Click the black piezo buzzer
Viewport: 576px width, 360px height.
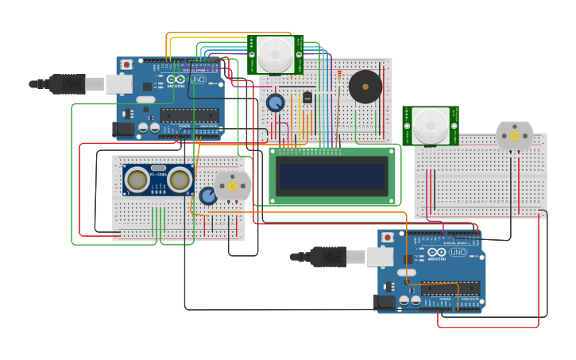(365, 86)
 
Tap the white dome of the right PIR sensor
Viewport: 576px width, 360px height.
(430, 126)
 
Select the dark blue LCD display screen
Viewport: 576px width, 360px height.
(333, 175)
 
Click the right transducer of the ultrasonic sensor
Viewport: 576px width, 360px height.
(180, 180)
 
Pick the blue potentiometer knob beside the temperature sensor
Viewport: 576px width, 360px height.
(275, 103)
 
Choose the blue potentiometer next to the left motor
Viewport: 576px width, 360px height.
(208, 195)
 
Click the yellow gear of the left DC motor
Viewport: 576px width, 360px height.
(233, 185)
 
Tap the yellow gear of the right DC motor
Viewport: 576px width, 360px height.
(514, 136)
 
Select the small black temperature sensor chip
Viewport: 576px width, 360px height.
(307, 98)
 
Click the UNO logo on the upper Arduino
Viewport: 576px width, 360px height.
(197, 80)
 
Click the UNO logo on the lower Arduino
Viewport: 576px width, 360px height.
(458, 253)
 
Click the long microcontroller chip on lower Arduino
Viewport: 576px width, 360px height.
(450, 288)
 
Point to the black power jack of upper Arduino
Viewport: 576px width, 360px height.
(123, 128)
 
